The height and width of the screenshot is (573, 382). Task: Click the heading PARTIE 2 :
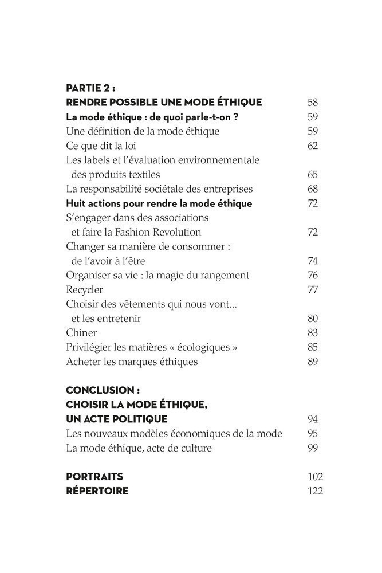(x=90, y=88)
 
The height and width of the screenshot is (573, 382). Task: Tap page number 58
(x=312, y=103)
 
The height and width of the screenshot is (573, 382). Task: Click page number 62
(x=312, y=146)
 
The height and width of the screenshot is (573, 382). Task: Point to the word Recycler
(x=84, y=289)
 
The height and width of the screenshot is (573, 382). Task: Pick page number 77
(x=312, y=289)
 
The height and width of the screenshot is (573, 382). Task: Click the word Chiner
(x=81, y=332)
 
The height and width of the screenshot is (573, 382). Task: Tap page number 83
(x=312, y=332)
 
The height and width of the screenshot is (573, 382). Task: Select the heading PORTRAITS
(x=94, y=477)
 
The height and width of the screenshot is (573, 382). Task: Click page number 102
(x=315, y=477)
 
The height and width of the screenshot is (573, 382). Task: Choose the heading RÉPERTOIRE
(x=97, y=491)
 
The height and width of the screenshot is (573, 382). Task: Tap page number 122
(x=315, y=491)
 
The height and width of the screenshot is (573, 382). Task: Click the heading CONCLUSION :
(x=103, y=390)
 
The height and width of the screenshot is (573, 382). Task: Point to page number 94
(x=312, y=419)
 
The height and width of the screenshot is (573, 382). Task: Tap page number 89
(x=312, y=362)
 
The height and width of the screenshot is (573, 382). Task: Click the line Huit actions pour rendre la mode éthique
(x=159, y=203)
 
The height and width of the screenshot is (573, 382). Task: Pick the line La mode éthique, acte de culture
(x=139, y=448)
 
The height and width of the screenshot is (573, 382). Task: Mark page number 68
(x=312, y=189)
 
